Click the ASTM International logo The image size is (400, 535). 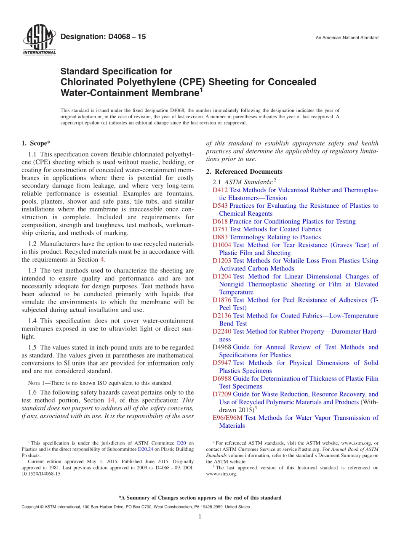[39, 41]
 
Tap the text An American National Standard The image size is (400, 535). [347, 38]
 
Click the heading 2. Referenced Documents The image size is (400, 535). [244, 171]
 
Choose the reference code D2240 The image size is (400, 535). [222, 331]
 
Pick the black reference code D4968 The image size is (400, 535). [222, 347]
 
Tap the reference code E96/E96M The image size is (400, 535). [227, 418]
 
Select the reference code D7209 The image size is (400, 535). [222, 394]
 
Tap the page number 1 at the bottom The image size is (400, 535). [200, 516]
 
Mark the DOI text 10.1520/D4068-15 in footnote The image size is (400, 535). [41, 474]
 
